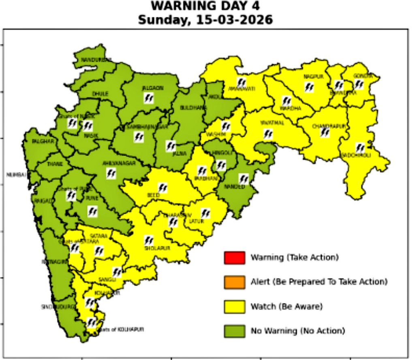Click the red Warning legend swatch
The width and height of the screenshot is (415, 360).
click(x=234, y=258)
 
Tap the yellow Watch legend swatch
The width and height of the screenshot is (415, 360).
click(x=234, y=307)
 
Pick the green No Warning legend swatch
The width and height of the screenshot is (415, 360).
click(x=234, y=331)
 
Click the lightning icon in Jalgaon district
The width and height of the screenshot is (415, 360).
click(x=149, y=98)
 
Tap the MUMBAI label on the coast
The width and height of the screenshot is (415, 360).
click(x=16, y=175)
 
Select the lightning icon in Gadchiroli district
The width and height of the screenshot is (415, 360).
click(x=360, y=147)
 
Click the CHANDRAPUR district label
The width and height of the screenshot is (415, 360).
click(x=329, y=126)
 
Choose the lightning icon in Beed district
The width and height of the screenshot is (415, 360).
click(x=163, y=188)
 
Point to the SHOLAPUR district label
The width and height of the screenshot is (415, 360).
click(x=157, y=248)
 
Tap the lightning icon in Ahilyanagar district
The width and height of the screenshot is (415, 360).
click(x=110, y=174)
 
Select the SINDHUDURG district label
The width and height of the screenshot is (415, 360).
click(x=58, y=307)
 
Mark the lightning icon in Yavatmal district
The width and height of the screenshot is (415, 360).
click(x=268, y=134)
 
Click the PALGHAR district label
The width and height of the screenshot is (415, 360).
click(x=43, y=141)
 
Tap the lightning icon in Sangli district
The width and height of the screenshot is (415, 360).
click(x=116, y=272)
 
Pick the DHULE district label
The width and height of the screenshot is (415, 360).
click(x=100, y=94)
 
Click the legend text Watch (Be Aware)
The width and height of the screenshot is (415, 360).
click(x=286, y=307)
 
